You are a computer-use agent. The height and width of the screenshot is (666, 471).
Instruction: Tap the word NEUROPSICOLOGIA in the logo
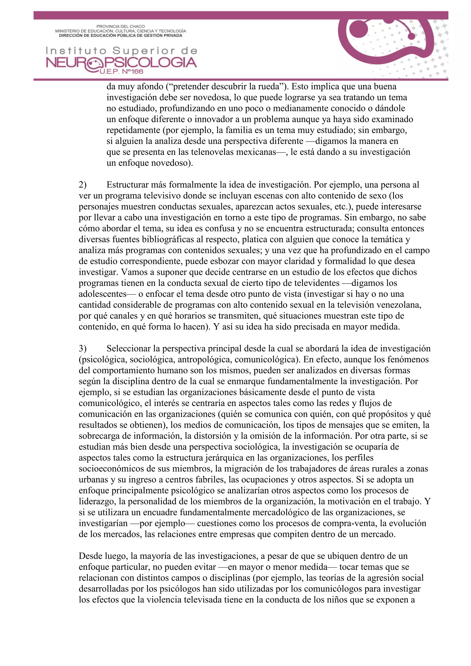(121, 63)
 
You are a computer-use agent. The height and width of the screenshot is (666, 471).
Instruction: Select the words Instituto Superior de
(121, 51)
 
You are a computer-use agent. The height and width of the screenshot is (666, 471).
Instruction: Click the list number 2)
(82, 185)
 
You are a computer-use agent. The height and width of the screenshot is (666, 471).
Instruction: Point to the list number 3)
(82, 348)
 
